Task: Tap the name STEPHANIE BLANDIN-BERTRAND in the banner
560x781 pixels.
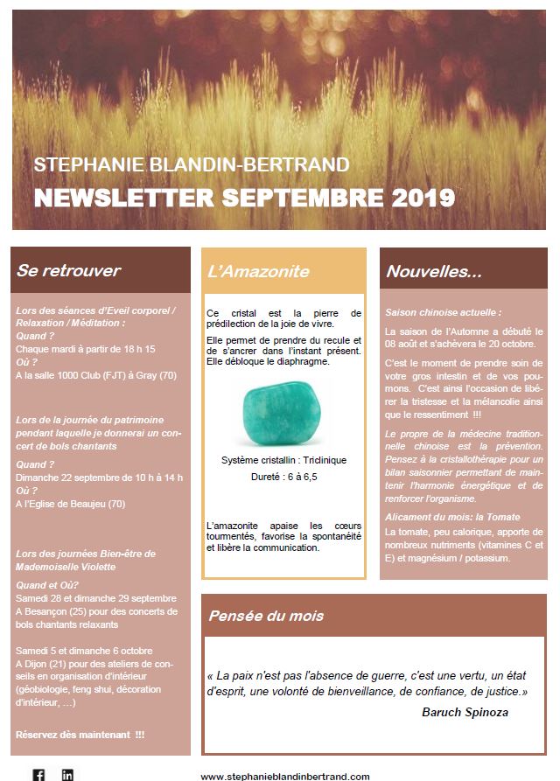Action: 192,164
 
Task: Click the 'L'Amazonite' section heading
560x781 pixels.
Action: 258,271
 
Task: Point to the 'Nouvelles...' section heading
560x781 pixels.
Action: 434,271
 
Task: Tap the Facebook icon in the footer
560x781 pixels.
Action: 39,774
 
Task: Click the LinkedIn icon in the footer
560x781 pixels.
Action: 67,774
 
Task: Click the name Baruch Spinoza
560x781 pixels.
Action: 465,713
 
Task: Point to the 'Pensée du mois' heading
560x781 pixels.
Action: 259,616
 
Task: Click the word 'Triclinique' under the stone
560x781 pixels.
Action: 325,460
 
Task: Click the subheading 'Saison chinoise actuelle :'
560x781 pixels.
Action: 444,311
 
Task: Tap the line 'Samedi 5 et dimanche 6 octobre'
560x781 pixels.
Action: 84,651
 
